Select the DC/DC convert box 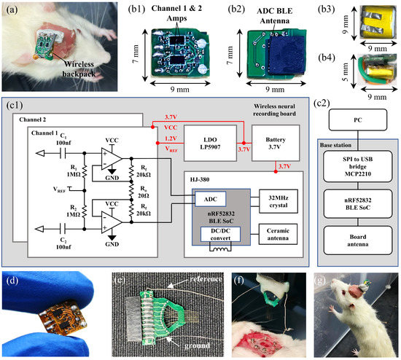[x=218, y=233]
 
